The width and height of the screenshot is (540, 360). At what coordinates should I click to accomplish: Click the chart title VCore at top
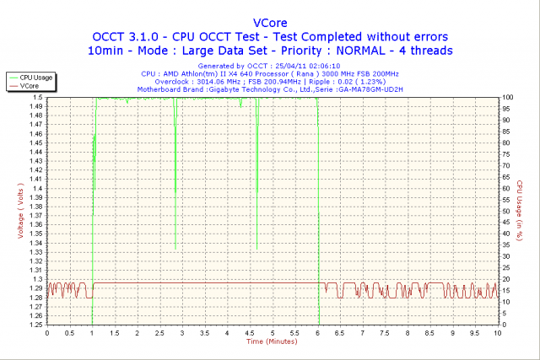[269, 22]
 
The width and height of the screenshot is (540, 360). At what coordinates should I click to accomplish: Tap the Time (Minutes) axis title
[272, 342]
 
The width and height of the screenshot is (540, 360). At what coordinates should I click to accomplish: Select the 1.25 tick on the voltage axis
[35, 325]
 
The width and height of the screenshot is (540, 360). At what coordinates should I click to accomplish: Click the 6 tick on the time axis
[317, 333]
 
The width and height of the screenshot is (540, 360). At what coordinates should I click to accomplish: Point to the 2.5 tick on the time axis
[159, 333]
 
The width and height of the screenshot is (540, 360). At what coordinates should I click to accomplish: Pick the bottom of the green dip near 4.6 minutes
[256, 249]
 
